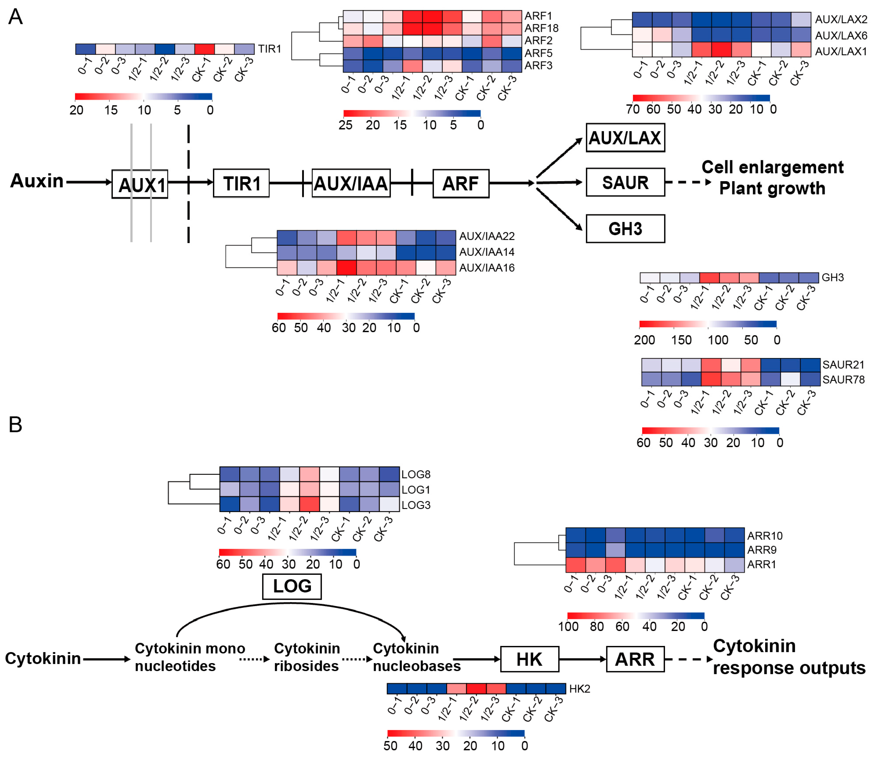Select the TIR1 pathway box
coord(241,183)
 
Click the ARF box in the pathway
coord(461,183)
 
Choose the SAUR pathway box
coord(625,182)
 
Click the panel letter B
coord(15,424)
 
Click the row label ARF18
coord(541,29)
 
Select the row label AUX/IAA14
coord(487,252)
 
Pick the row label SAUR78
coord(843,379)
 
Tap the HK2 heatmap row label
coord(579,689)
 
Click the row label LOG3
coord(416,505)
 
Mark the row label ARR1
coord(761,564)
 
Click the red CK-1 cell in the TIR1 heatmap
coord(204,49)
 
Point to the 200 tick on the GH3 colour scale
coord(644,340)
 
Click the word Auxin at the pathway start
coord(37,181)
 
